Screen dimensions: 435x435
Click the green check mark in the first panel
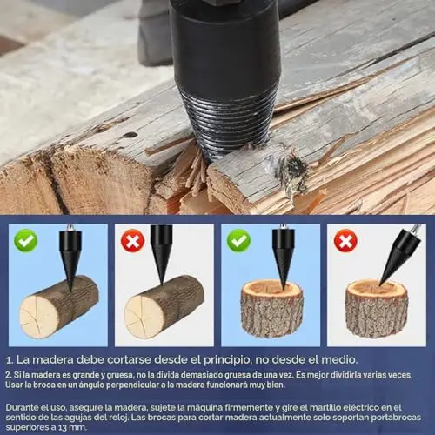tap(26, 240)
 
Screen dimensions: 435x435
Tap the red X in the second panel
tap(132, 241)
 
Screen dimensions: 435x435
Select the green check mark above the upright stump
tap(238, 240)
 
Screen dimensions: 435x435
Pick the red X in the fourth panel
tap(345, 241)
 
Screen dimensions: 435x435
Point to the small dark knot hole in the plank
tap(130, 135)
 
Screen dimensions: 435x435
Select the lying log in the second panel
tap(164, 306)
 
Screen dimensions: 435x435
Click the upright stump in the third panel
tap(272, 309)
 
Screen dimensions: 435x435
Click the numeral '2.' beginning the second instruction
tap(9, 375)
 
